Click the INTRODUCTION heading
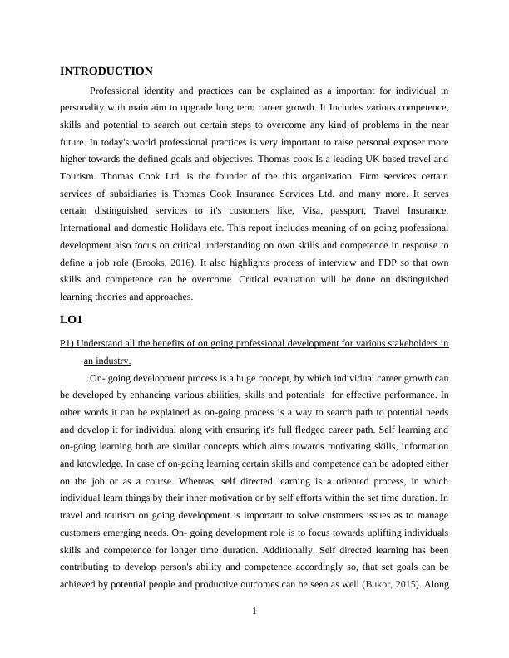click(106, 71)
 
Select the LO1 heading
click(72, 319)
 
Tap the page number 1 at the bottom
click(254, 612)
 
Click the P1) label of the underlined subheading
click(69, 343)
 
